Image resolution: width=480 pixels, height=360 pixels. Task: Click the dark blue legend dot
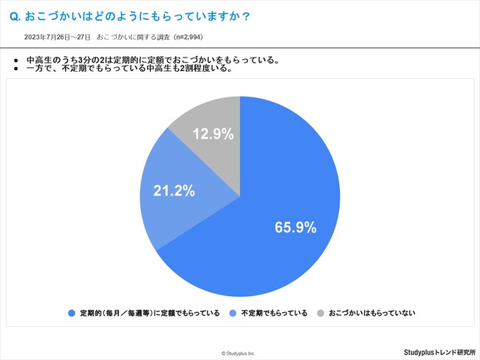click(x=72, y=313)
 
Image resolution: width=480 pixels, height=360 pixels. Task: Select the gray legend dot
click(x=321, y=313)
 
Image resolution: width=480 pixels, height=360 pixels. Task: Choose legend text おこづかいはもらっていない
click(x=372, y=313)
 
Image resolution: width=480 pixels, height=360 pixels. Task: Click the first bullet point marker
click(x=17, y=59)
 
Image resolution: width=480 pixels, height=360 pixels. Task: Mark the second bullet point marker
click(x=17, y=69)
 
